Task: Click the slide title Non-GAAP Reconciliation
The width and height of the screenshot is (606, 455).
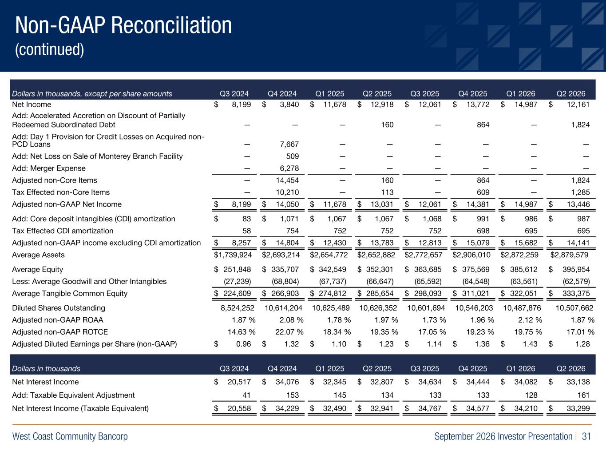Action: point(123,25)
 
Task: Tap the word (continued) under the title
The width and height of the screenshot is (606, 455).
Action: point(50,50)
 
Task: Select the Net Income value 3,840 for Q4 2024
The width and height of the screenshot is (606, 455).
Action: point(289,104)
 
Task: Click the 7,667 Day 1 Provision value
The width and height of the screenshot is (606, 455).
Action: point(289,144)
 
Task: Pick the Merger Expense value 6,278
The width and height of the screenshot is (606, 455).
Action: point(289,168)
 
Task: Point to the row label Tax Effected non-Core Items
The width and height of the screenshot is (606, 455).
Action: point(61,192)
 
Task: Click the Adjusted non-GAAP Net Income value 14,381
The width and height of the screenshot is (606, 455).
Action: point(478,204)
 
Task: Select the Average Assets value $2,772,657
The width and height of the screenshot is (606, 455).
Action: point(424,255)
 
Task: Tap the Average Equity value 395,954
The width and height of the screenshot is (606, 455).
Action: point(576,269)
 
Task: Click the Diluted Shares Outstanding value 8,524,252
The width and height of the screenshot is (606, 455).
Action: point(238,308)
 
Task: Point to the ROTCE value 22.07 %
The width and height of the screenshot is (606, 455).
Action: point(289,332)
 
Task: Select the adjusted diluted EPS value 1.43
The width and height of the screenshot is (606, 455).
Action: point(531,344)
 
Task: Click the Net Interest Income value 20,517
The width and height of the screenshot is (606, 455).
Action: point(239,382)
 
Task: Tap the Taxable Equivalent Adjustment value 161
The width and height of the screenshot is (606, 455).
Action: point(584,395)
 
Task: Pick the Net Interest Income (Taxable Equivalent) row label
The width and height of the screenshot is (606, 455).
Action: point(80,408)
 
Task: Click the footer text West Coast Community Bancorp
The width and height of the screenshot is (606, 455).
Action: point(70,436)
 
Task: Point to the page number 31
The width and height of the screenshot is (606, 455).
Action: point(586,436)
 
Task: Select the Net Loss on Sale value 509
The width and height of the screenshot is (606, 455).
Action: point(293,156)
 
